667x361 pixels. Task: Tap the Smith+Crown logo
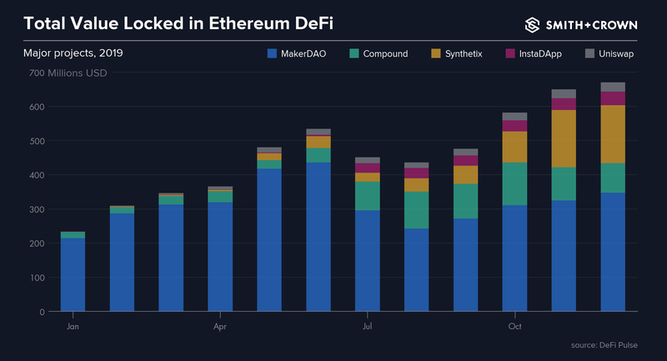[581, 23]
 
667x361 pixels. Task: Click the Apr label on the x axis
[220, 327]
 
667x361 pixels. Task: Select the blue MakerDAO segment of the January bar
[73, 275]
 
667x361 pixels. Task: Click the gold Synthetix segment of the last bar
[613, 133]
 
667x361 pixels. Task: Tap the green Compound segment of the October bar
[514, 183]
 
